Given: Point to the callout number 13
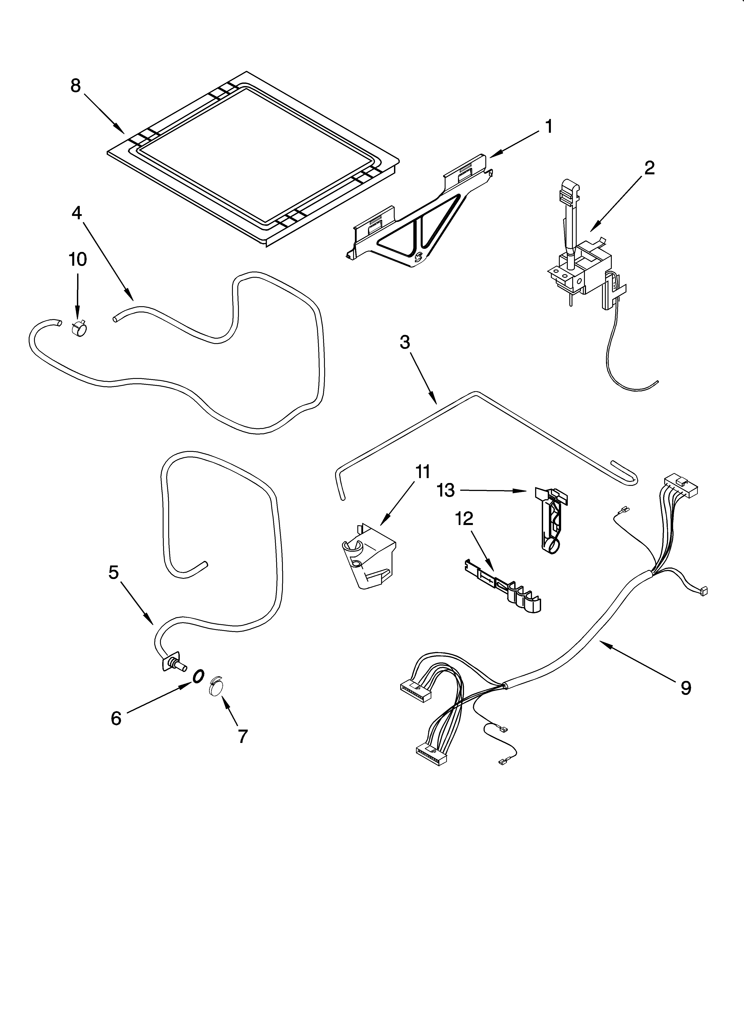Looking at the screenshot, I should pos(446,491).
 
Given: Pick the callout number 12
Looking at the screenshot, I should pos(464,519).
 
